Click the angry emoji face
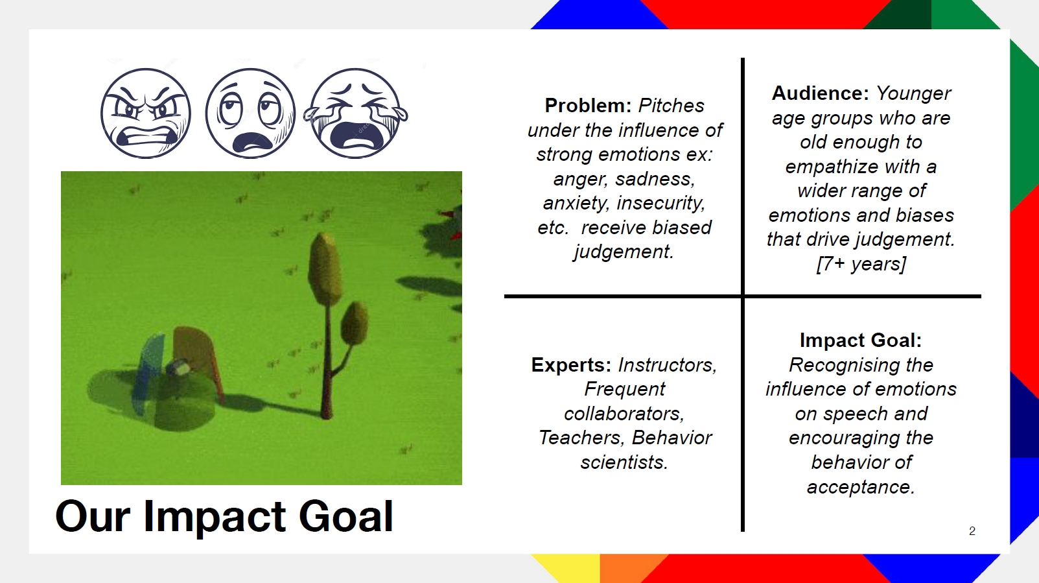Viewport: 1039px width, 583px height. (146, 113)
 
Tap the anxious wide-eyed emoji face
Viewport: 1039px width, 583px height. (250, 113)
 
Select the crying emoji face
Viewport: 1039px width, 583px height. (355, 113)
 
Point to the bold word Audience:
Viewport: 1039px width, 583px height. (820, 93)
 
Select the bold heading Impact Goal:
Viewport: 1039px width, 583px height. (860, 340)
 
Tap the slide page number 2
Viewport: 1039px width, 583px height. (972, 531)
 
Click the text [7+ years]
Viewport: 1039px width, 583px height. (861, 264)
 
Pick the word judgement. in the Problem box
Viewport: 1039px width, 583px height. (624, 252)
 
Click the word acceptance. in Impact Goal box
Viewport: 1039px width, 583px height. (860, 487)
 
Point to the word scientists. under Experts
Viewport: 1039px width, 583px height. (624, 462)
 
